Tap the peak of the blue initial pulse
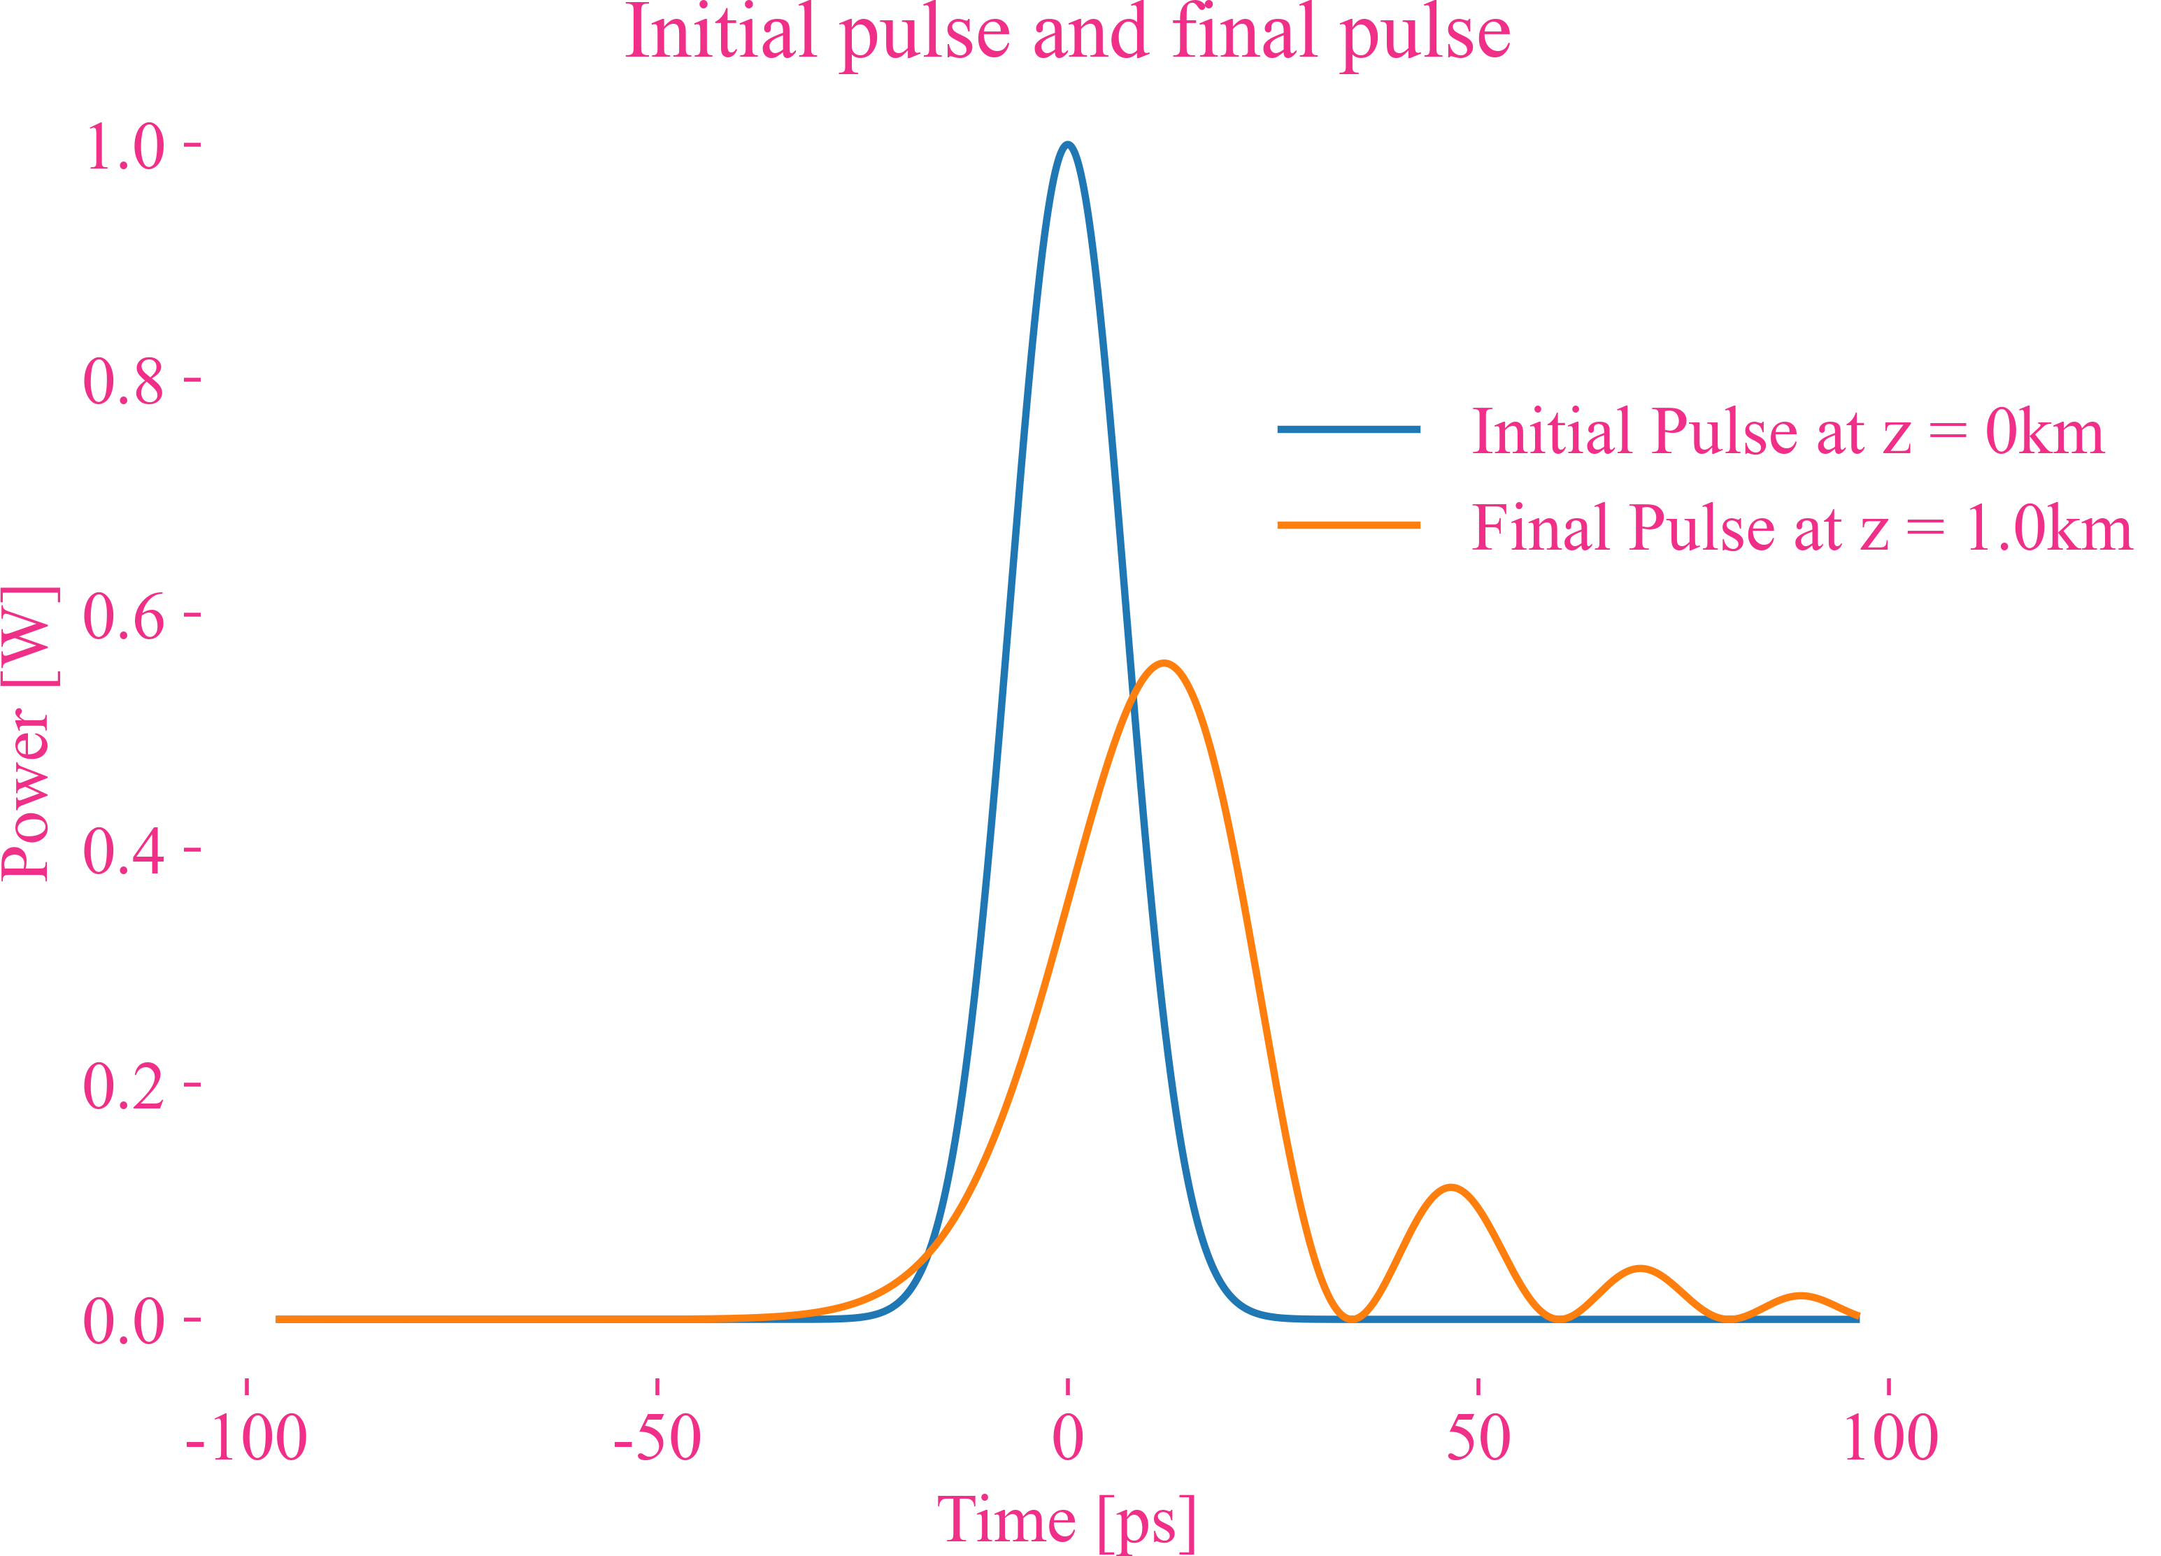click(x=1068, y=145)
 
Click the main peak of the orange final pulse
click(x=1164, y=663)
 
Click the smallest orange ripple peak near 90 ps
click(x=1801, y=1296)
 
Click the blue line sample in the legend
click(x=1348, y=429)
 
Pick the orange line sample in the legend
click(x=1348, y=525)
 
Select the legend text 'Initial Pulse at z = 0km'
click(x=1788, y=431)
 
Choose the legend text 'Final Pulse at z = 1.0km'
click(x=1801, y=528)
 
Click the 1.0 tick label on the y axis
click(x=124, y=147)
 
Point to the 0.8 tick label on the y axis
click(x=124, y=381)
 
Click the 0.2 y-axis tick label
click(x=124, y=1085)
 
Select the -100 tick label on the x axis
click(x=246, y=1438)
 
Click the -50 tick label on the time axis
click(x=657, y=1438)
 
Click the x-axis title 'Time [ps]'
click(x=1067, y=1519)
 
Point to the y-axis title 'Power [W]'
click(x=29, y=733)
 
